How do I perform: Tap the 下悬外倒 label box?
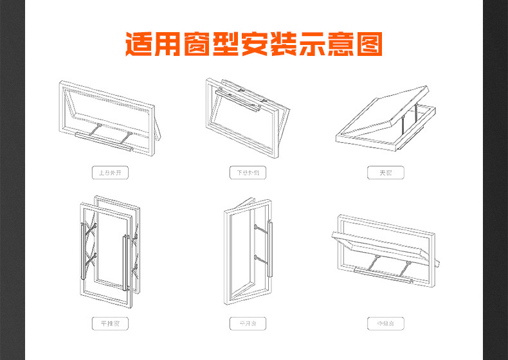tap(248, 173)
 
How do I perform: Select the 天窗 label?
tap(386, 173)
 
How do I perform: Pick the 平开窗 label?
tap(248, 323)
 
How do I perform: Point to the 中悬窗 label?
tap(386, 323)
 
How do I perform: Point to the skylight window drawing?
tap(386, 119)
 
